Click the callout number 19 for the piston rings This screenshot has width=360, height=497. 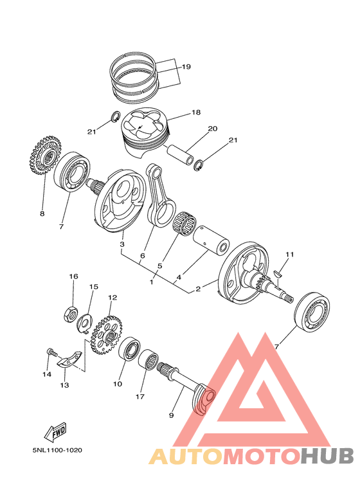186,67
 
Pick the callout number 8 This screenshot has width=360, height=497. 42,213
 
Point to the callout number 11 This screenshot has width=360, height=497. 289,255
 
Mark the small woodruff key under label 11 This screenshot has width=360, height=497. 278,273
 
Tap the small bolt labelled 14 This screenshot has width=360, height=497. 51,352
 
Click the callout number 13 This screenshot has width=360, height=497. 64,385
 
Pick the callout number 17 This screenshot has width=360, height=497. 139,397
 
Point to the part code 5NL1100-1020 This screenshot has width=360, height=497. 57,451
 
